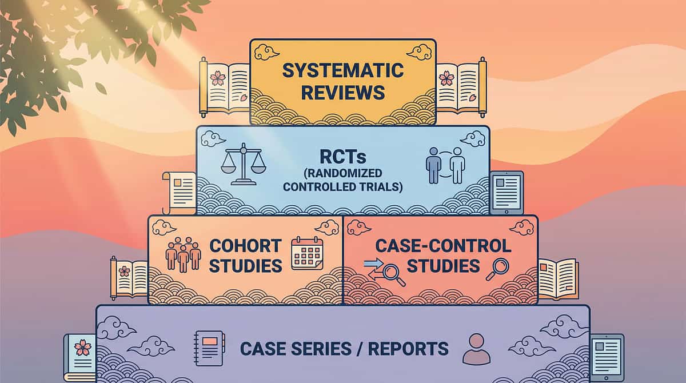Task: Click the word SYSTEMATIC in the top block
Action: [343, 70]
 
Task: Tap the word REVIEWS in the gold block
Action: [343, 91]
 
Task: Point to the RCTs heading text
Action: [342, 156]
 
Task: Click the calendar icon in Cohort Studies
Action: [307, 253]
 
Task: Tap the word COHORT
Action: [245, 245]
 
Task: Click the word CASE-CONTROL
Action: [443, 245]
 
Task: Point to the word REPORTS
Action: [409, 348]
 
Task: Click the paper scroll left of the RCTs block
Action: [179, 191]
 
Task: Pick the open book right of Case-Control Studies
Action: [558, 278]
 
